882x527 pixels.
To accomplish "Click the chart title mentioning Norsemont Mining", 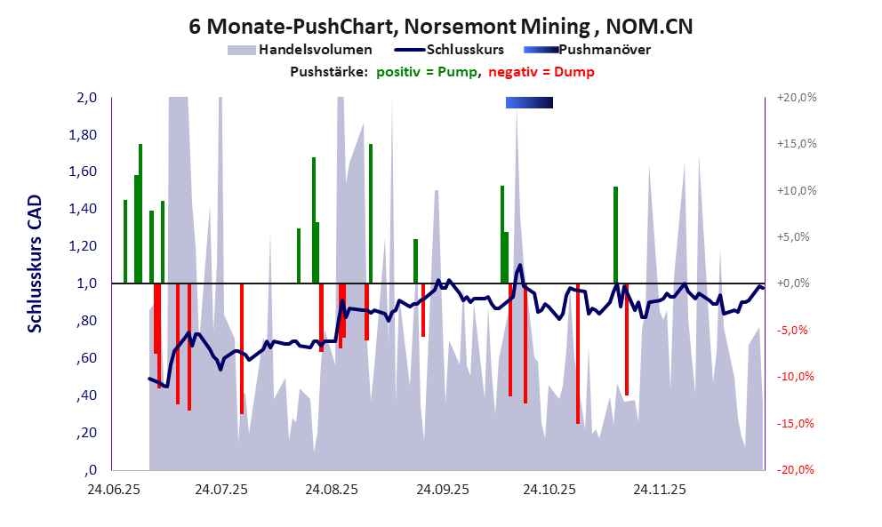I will tap(441, 27).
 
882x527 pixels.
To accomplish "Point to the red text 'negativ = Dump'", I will tap(541, 72).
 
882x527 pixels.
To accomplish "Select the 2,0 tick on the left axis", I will tap(87, 98).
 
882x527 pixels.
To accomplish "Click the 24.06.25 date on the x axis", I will tap(111, 490).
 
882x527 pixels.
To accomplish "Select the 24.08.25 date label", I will tap(331, 490).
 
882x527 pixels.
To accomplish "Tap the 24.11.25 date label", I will tap(658, 490).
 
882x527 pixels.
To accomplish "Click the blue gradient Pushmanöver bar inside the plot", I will tap(529, 103).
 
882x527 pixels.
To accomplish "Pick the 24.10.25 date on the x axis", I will tap(549, 490).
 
